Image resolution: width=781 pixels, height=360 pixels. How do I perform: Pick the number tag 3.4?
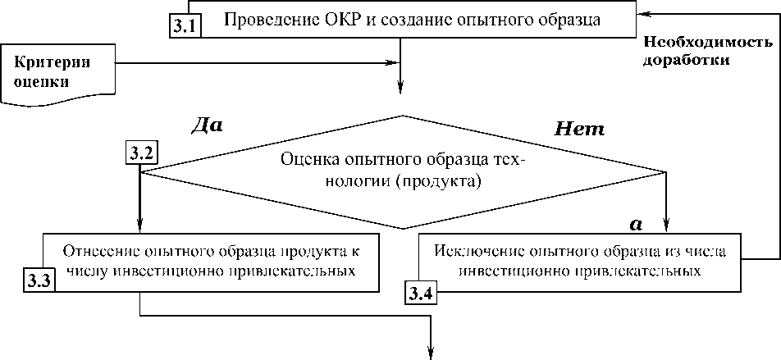click(421, 291)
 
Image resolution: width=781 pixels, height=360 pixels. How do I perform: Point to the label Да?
click(206, 125)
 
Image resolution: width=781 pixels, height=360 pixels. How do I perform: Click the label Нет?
click(580, 129)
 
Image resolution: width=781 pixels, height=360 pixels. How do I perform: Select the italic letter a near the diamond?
click(634, 222)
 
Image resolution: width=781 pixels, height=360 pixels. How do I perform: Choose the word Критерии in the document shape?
click(53, 63)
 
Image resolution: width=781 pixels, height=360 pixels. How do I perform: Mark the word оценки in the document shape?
click(42, 81)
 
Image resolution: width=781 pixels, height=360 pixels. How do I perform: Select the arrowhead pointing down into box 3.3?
click(141, 228)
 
